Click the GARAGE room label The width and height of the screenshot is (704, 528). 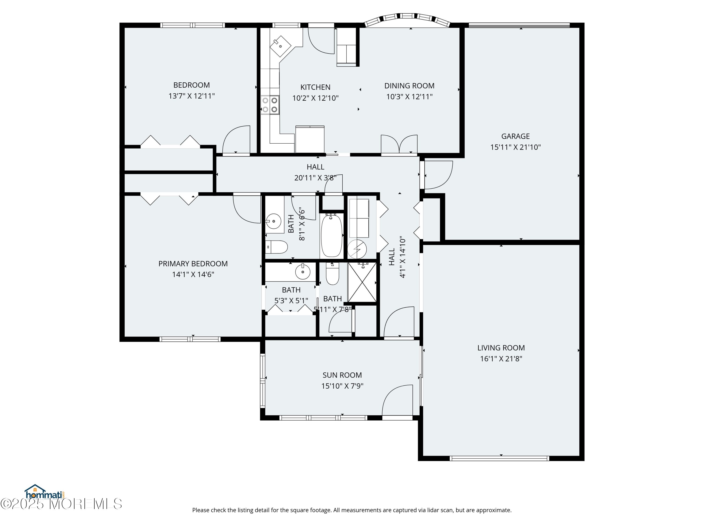point(515,136)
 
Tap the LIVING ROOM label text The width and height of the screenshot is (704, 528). point(501,348)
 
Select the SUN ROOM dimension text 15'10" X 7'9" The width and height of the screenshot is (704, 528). point(342,386)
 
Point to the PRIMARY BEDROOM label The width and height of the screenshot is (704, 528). point(193,264)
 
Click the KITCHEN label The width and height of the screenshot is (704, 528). point(315,87)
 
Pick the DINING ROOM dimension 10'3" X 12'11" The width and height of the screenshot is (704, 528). point(409,97)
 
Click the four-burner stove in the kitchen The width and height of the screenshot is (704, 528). point(270,105)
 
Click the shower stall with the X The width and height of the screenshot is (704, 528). point(362,282)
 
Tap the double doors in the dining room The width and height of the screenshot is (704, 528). point(399,145)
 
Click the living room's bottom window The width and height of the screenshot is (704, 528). point(499,458)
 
